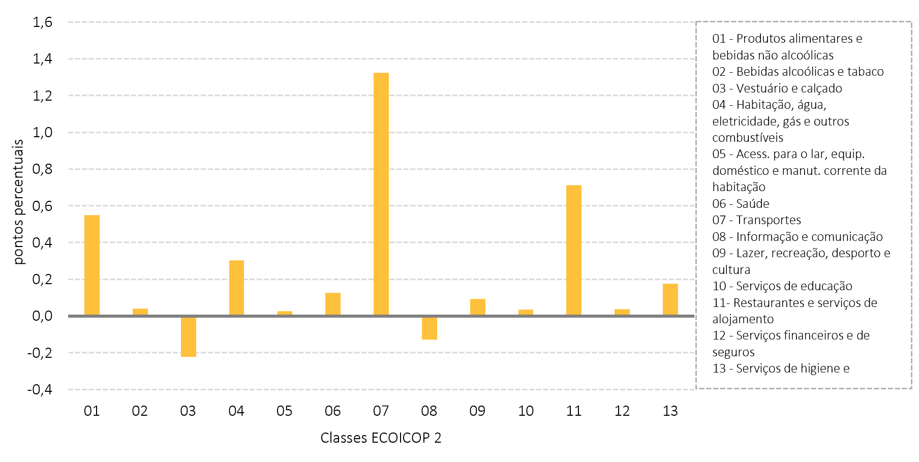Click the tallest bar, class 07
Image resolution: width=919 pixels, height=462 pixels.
coord(381,194)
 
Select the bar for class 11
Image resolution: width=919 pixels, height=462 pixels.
coord(574,250)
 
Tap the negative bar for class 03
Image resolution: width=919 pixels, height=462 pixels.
coord(189,336)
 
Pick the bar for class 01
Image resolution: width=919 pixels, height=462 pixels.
coord(92,265)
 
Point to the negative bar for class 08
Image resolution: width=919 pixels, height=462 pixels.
coord(430,328)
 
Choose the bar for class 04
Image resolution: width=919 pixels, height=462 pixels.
coord(236,288)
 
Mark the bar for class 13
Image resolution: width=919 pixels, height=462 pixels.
coord(670,300)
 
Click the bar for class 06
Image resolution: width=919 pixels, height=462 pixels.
coord(333,304)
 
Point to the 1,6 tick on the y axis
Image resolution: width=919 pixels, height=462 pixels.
coord(43,22)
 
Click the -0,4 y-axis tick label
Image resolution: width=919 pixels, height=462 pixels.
coord(40,389)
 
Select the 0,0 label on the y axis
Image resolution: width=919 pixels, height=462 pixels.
coord(43,316)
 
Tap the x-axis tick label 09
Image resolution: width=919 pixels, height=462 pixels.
coord(477,411)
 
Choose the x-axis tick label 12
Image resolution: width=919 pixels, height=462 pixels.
coord(622,411)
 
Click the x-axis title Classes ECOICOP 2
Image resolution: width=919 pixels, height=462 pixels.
coord(381,438)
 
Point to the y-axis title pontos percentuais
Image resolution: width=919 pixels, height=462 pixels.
coord(18,202)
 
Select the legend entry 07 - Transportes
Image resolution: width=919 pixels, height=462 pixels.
coord(756,220)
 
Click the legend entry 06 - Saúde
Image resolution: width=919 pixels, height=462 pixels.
coord(741,203)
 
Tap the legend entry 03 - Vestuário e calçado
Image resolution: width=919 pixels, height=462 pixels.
coord(777,88)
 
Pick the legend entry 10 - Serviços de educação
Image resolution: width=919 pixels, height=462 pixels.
coord(782,286)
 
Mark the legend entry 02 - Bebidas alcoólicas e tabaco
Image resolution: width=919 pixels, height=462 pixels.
coord(798,72)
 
